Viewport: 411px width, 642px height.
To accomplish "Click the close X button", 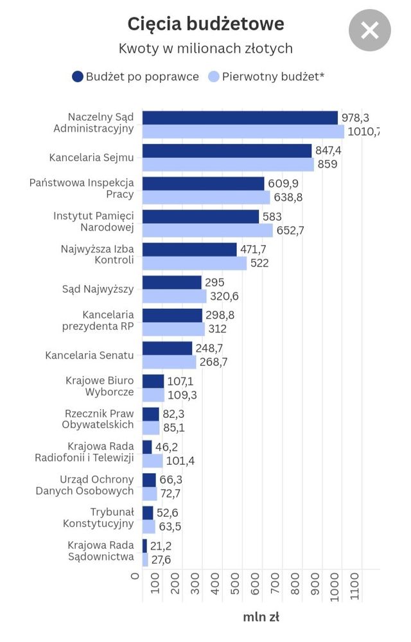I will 369,30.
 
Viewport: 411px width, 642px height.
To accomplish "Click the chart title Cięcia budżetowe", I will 205,24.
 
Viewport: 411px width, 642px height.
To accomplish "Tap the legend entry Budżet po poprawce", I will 136,77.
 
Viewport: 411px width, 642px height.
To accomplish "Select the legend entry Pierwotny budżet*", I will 267,77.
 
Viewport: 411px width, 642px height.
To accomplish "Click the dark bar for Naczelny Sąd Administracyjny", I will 240,117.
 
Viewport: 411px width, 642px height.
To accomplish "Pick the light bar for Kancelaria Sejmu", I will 228,164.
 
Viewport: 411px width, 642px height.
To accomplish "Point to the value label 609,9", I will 283,184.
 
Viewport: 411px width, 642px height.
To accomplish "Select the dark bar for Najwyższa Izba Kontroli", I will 189,249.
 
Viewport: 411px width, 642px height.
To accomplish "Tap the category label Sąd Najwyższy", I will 98,289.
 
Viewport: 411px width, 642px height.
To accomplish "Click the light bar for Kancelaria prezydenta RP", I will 173,329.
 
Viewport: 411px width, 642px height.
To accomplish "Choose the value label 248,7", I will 209,348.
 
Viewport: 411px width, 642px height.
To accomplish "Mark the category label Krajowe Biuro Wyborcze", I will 100,386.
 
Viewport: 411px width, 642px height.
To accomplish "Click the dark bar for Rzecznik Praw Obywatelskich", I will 150,414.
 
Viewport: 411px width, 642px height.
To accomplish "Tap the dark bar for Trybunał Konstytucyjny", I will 148,512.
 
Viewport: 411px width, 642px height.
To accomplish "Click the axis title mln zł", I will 261,618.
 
